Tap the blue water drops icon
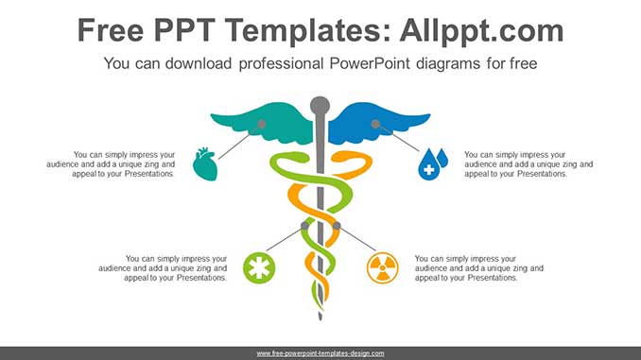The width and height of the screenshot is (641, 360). (x=433, y=163)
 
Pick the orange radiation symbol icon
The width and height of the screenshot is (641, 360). (x=382, y=267)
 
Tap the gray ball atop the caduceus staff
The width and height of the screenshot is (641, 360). (x=320, y=105)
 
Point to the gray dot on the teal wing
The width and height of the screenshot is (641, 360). (x=262, y=124)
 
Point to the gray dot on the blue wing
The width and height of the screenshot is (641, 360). (x=375, y=124)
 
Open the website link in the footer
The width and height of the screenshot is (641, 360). (x=320, y=352)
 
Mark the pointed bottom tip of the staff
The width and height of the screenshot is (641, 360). (x=320, y=317)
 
